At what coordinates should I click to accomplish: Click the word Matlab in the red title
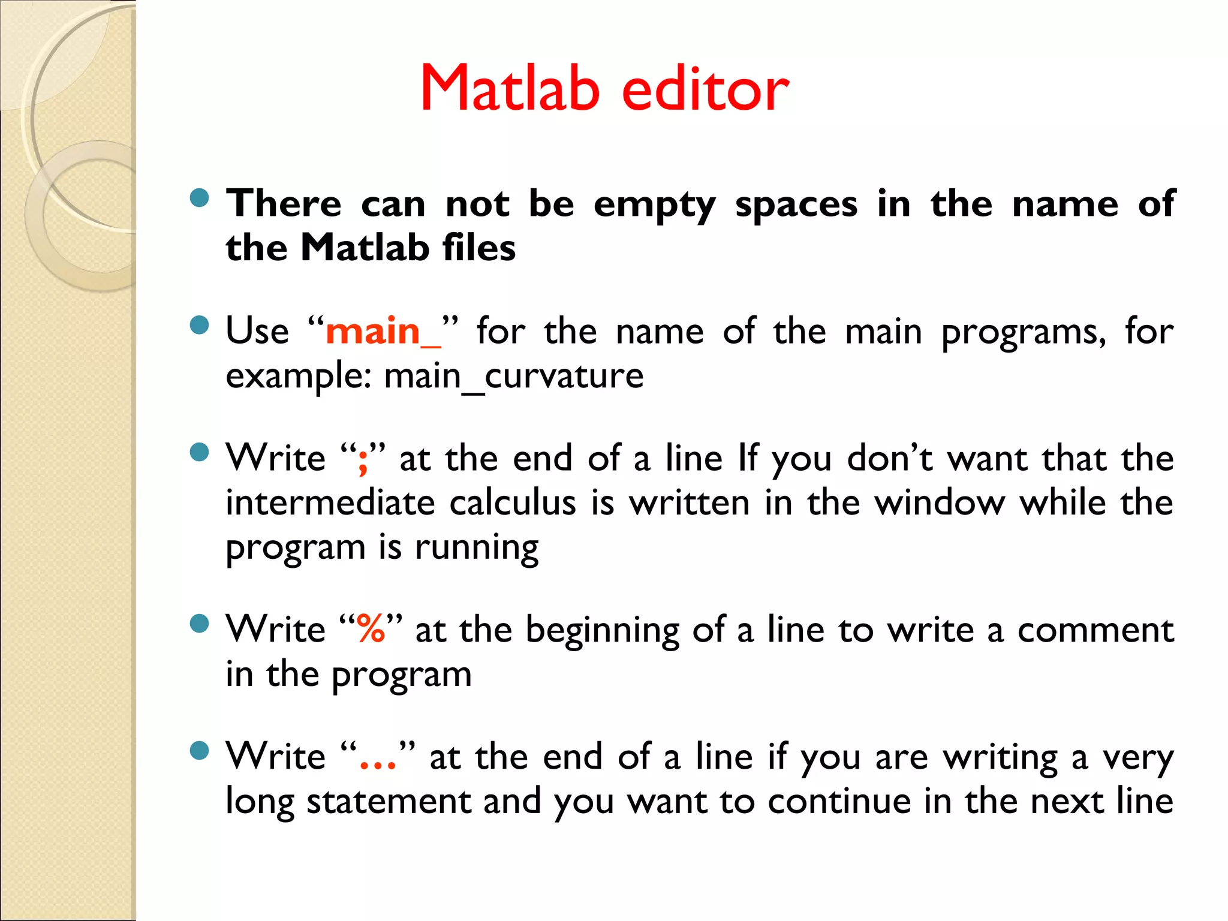pos(510,89)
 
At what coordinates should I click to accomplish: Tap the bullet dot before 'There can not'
pos(199,198)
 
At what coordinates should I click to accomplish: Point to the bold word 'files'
pos(479,248)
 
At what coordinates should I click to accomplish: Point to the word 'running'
pos(477,548)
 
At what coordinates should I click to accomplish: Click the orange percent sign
pos(371,630)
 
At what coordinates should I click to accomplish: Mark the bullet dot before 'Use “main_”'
pos(199,326)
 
